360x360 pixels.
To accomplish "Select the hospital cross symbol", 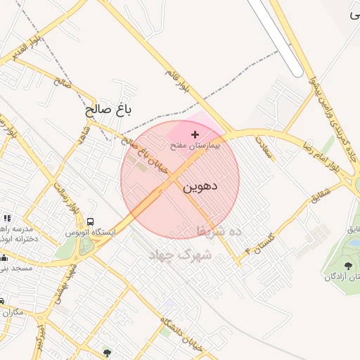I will point(195,134).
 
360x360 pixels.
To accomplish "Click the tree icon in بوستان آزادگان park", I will point(347,266).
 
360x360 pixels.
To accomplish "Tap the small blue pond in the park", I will point(354,243).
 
